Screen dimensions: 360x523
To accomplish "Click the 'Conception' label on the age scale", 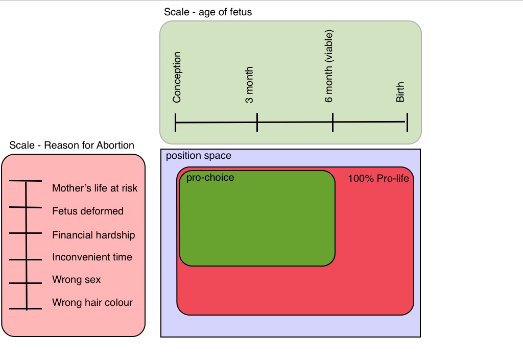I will (x=177, y=78).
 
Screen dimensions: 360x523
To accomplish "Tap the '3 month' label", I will (x=249, y=85).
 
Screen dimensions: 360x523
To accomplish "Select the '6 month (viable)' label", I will (x=329, y=66).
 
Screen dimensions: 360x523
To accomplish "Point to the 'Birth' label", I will (x=400, y=92).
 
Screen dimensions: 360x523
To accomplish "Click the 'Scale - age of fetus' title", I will (x=208, y=12).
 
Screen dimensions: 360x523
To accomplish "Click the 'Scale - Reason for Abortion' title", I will (x=72, y=146).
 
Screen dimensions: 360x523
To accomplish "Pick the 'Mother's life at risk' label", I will (x=95, y=188).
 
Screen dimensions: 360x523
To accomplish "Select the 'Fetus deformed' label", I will (x=88, y=211).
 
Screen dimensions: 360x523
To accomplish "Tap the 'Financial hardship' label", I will (x=93, y=235).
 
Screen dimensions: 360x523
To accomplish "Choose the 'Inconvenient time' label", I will (x=92, y=257).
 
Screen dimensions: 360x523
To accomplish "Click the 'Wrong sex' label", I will (x=77, y=280).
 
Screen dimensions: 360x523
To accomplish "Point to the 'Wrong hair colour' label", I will (x=92, y=303).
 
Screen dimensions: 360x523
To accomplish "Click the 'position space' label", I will (x=199, y=156).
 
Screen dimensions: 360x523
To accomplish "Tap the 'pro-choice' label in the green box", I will (x=210, y=178).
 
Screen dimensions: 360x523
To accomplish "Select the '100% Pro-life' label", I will (x=378, y=179).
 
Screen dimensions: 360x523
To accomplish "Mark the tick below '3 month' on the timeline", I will (x=257, y=123).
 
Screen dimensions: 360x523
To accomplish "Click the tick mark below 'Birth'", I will (x=407, y=122).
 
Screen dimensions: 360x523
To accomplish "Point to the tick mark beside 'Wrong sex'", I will (x=26, y=283).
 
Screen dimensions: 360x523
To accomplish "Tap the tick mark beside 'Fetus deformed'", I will (x=26, y=207).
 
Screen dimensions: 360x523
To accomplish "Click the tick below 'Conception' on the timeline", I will (x=175, y=123).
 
